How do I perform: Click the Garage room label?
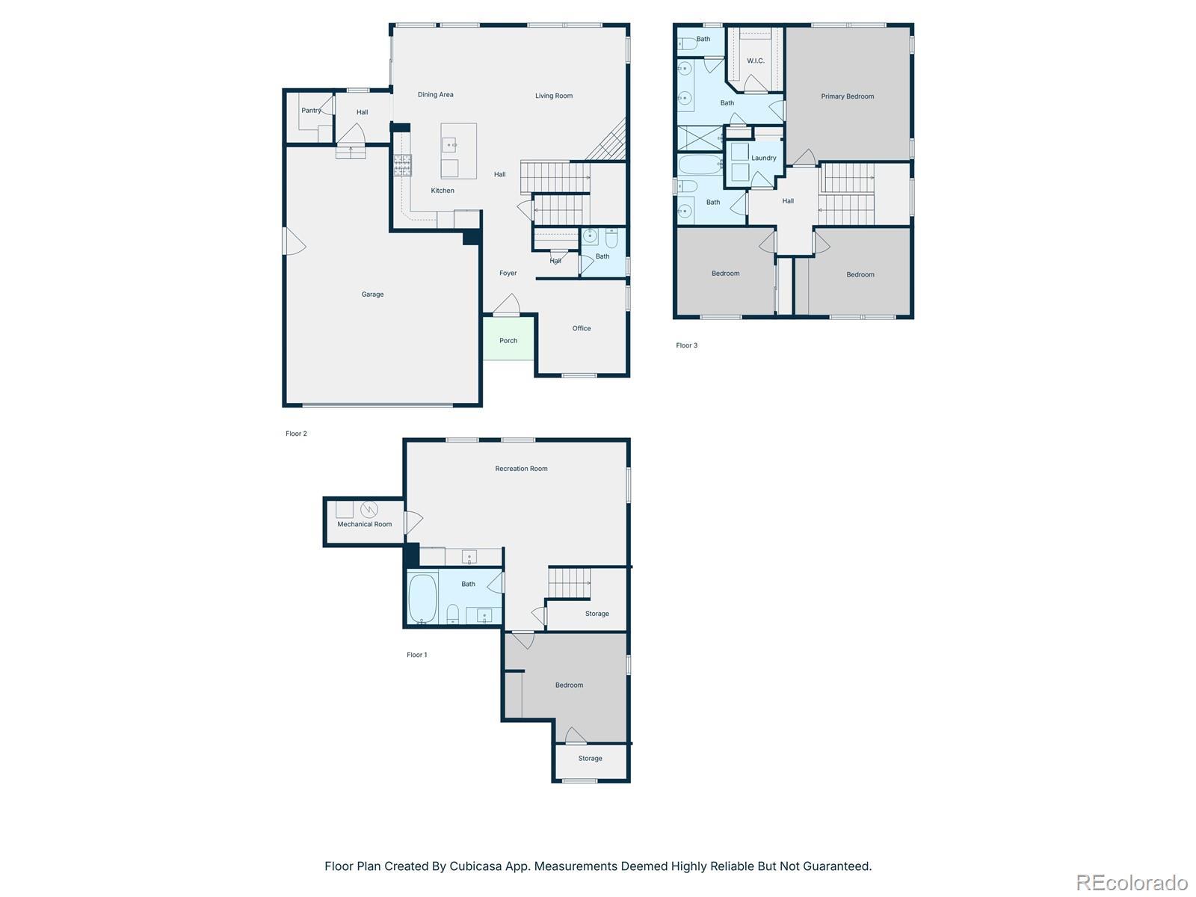pyautogui.click(x=372, y=294)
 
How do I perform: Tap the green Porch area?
pyautogui.click(x=508, y=338)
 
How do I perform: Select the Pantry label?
pyautogui.click(x=311, y=110)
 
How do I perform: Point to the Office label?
pyautogui.click(x=582, y=328)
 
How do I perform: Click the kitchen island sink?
pyautogui.click(x=449, y=145)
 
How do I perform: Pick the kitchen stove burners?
pyautogui.click(x=403, y=165)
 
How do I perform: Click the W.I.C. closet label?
pyautogui.click(x=755, y=61)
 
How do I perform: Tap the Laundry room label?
pyautogui.click(x=763, y=158)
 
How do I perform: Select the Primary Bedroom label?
pyautogui.click(x=847, y=96)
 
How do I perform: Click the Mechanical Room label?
pyautogui.click(x=365, y=524)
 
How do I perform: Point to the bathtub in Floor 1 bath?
pyautogui.click(x=423, y=598)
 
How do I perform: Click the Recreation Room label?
pyautogui.click(x=521, y=469)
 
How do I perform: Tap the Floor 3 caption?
pyautogui.click(x=686, y=345)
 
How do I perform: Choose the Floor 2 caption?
pyautogui.click(x=297, y=434)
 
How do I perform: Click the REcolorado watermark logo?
pyautogui.click(x=1132, y=882)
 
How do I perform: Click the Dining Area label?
pyautogui.click(x=435, y=94)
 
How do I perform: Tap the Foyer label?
pyautogui.click(x=508, y=273)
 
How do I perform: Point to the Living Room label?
pyautogui.click(x=554, y=96)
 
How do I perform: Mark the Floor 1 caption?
pyautogui.click(x=417, y=655)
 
